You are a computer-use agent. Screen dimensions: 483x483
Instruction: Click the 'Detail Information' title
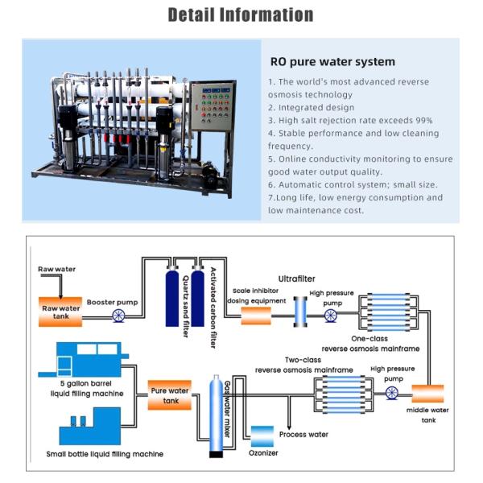click(x=241, y=14)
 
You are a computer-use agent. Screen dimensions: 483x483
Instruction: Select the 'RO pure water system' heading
click(x=332, y=61)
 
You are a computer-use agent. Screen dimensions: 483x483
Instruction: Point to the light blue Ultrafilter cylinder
click(x=300, y=311)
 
